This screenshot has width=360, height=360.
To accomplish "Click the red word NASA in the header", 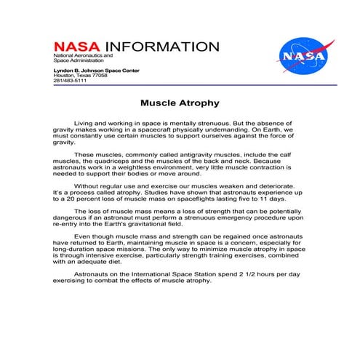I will (x=77, y=47).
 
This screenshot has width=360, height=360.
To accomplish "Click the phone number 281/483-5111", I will (x=69, y=80).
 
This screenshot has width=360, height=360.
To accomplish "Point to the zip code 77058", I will (x=100, y=75).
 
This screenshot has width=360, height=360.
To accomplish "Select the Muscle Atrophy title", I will (x=179, y=103).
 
